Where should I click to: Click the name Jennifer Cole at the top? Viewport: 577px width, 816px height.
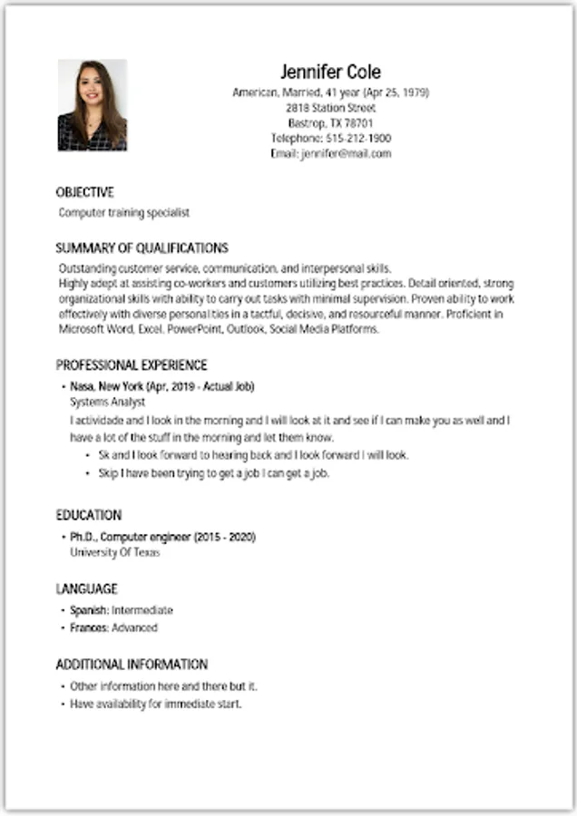click(x=330, y=73)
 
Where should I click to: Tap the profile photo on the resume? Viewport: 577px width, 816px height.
click(x=93, y=105)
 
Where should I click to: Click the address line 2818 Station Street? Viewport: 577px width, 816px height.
click(x=330, y=108)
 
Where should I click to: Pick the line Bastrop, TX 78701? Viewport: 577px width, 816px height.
click(x=330, y=123)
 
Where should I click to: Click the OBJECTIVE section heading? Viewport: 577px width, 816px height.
click(x=85, y=192)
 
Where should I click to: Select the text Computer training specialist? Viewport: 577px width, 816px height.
click(x=124, y=213)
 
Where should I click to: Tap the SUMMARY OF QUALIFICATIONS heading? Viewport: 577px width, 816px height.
click(x=142, y=248)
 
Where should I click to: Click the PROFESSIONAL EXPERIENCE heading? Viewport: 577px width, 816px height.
click(x=132, y=365)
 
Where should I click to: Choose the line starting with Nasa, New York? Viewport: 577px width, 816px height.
click(x=162, y=386)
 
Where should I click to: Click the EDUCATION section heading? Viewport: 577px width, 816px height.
click(x=89, y=515)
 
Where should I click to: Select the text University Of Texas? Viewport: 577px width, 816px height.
click(x=114, y=552)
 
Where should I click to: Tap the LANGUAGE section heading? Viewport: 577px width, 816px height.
click(x=87, y=588)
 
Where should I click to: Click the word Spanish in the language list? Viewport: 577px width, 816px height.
click(x=90, y=610)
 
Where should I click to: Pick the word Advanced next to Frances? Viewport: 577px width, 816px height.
click(x=134, y=627)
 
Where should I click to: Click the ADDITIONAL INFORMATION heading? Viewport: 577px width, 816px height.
click(x=132, y=665)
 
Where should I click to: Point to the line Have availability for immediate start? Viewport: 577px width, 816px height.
click(x=156, y=704)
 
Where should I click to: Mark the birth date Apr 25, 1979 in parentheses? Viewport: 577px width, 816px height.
click(x=396, y=92)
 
